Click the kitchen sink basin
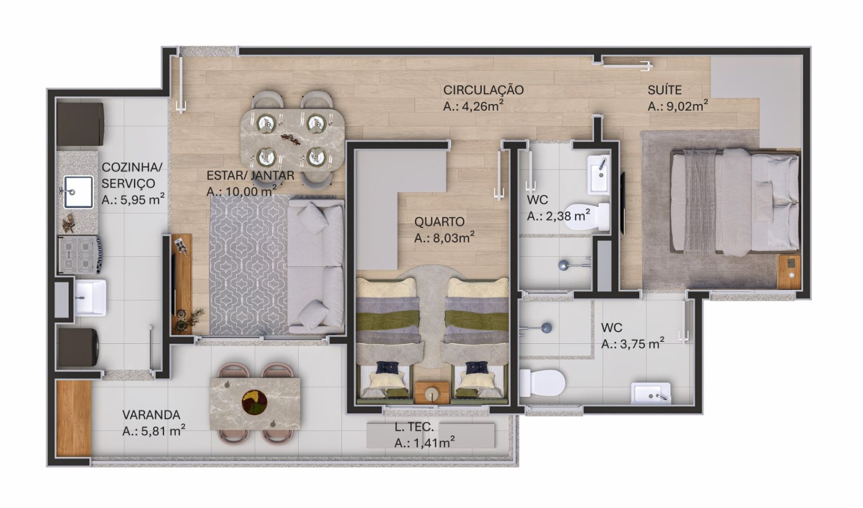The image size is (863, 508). pyautogui.click(x=79, y=192)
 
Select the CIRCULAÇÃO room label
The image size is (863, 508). pyautogui.click(x=483, y=90)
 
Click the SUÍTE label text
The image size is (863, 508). pyautogui.click(x=664, y=90)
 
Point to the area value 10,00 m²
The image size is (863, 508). pyautogui.click(x=241, y=191)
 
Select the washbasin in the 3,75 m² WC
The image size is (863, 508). pyautogui.click(x=651, y=394)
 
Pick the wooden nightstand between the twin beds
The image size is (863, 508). pyautogui.click(x=432, y=392)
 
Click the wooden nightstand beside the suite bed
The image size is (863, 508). pyautogui.click(x=789, y=271)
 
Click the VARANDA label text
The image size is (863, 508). pyautogui.click(x=151, y=415)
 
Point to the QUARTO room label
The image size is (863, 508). pyautogui.click(x=439, y=222)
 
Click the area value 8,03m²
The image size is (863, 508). pyautogui.click(x=444, y=238)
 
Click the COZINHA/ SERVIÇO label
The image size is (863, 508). pyautogui.click(x=132, y=175)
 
